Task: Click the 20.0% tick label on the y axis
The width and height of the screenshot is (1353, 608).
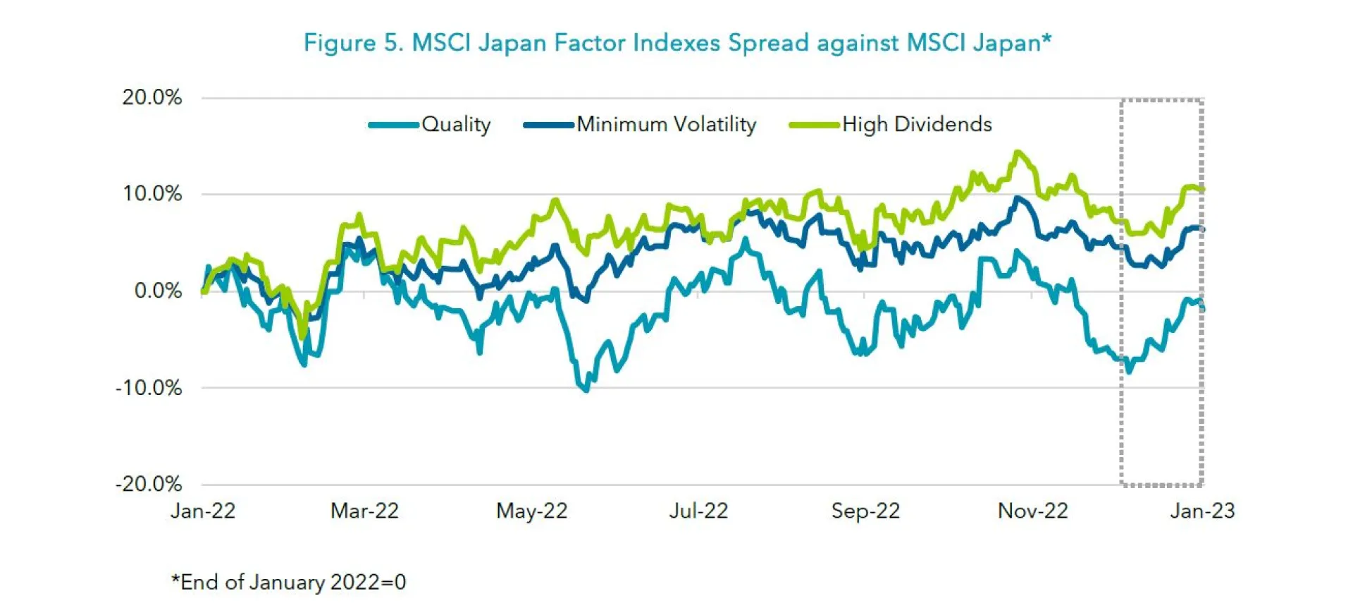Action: pos(152,97)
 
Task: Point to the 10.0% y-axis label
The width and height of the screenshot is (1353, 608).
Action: pos(152,194)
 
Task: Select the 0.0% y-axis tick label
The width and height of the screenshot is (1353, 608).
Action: pos(158,291)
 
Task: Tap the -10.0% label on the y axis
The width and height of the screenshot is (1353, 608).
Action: pos(149,388)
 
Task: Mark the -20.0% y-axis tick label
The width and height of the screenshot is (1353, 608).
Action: pos(149,485)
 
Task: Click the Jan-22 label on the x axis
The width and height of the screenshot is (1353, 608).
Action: pos(203,511)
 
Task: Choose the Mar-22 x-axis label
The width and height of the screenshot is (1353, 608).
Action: pos(364,511)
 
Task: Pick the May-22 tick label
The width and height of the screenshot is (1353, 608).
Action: pos(531,511)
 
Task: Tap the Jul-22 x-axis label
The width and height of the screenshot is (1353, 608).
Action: pos(698,511)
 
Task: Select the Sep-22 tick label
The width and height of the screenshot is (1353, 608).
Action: pos(865,511)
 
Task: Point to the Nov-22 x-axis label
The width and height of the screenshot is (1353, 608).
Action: pos(1032,511)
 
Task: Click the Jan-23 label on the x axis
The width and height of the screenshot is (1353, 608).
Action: pos(1202,511)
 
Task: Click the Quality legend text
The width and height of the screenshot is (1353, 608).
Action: pos(456,125)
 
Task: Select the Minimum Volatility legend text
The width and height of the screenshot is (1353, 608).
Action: pos(666,125)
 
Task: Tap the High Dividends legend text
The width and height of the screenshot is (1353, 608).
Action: pos(917,125)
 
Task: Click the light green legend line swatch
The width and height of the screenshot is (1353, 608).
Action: pos(815,126)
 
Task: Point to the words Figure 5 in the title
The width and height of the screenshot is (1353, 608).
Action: pos(352,43)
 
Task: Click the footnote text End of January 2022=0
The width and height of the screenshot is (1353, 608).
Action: pos(289,583)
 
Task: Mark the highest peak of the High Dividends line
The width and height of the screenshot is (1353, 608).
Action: pos(1017,152)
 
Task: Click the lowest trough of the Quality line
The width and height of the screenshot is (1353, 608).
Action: pos(586,390)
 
